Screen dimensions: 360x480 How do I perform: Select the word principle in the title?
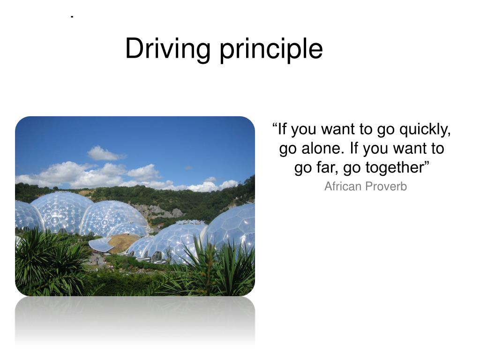(x=272, y=49)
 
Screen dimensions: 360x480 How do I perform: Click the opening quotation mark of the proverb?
(x=275, y=127)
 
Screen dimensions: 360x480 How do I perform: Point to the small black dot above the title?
(x=72, y=18)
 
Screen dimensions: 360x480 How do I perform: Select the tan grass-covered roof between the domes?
(x=123, y=242)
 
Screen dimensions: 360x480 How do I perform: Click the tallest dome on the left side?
(x=62, y=212)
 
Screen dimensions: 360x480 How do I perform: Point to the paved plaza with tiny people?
(x=97, y=259)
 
